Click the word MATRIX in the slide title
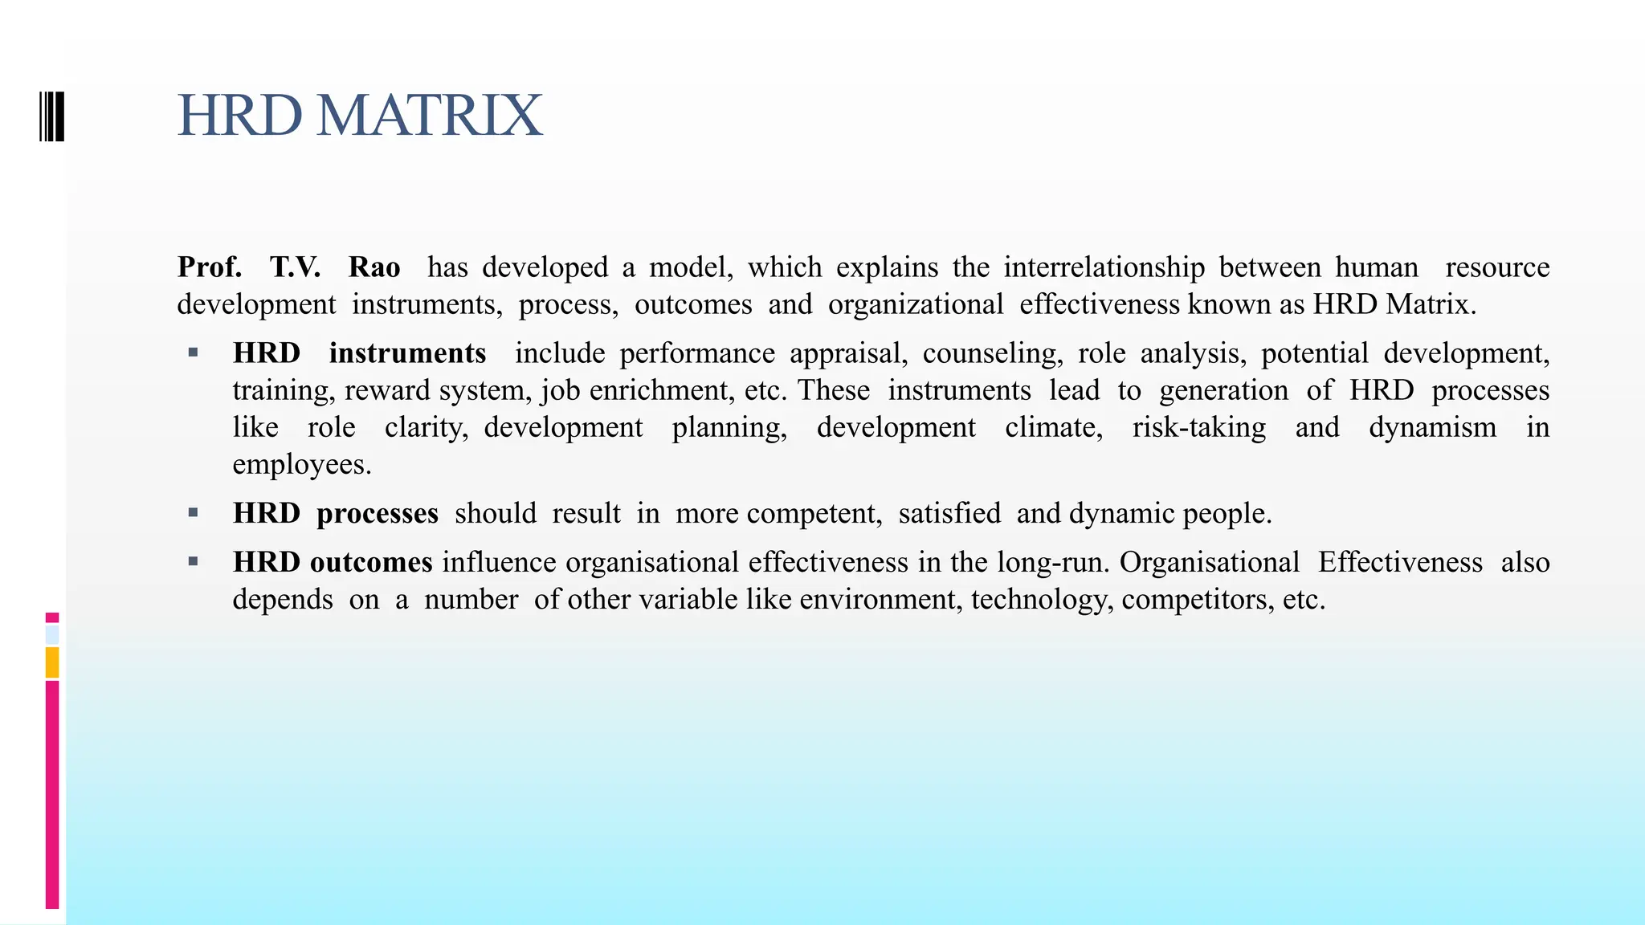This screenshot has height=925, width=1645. (430, 116)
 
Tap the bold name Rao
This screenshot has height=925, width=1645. (374, 267)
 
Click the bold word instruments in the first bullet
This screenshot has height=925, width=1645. (407, 353)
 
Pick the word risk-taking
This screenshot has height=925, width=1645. (1199, 427)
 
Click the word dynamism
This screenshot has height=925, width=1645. (1432, 427)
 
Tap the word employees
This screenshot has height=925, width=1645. (301, 464)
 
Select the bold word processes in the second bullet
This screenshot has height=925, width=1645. (378, 514)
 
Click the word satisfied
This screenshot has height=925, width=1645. (949, 513)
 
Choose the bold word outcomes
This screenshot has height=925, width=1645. (371, 562)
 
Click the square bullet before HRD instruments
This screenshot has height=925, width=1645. (193, 352)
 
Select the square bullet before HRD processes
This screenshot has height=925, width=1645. (193, 512)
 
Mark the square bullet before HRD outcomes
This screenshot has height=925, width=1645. (193, 561)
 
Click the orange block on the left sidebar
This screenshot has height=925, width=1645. (52, 662)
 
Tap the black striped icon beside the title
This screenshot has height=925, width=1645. (51, 116)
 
